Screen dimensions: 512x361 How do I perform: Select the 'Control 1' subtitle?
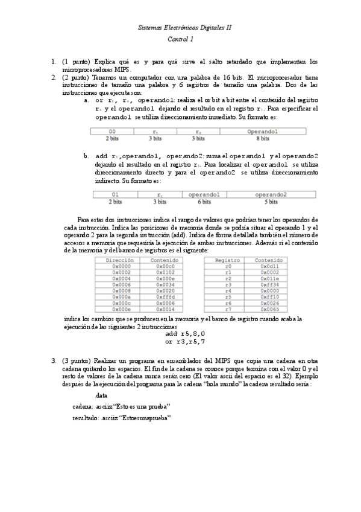pyautogui.click(x=180, y=39)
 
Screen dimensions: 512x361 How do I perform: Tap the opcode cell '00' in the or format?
pyautogui.click(x=112, y=132)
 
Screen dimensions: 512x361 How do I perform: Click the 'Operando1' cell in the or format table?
pyautogui.click(x=262, y=132)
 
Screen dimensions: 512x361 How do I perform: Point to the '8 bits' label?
pyautogui.click(x=262, y=138)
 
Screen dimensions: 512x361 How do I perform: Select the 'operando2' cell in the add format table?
pyautogui.click(x=271, y=194)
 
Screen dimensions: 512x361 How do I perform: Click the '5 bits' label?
pyautogui.click(x=271, y=202)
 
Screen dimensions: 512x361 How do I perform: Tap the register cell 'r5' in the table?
pyautogui.click(x=227, y=296)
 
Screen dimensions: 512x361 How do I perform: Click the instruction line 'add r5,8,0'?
pyautogui.click(x=185, y=333)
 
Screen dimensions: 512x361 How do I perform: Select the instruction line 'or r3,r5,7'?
pyautogui.click(x=185, y=341)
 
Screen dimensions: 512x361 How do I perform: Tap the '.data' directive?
pyautogui.click(x=101, y=395)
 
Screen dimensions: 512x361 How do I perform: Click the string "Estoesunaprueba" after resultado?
pyautogui.click(x=136, y=417)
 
